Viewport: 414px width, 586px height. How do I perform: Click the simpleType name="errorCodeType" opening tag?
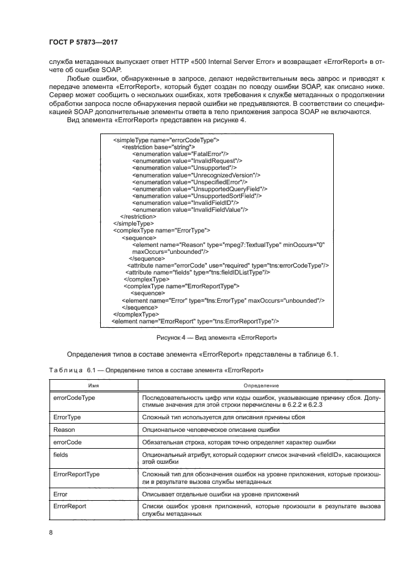click(x=165, y=140)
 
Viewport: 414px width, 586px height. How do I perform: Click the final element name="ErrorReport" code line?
click(x=195, y=321)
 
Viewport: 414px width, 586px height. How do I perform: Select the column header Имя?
click(x=93, y=385)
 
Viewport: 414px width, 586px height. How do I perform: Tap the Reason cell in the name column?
click(x=65, y=429)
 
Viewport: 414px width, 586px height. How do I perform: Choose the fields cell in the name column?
click(x=61, y=453)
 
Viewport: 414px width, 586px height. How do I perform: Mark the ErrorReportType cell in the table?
click(x=76, y=474)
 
